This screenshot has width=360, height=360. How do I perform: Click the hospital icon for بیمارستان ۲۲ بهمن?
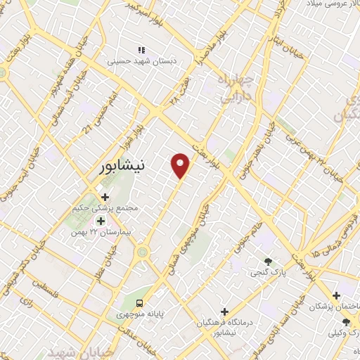point(100,221)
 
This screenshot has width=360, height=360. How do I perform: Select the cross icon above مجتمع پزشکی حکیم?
point(105,198)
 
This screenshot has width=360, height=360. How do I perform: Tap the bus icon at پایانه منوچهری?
point(139,302)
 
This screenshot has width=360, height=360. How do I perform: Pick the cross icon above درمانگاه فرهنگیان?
point(225,311)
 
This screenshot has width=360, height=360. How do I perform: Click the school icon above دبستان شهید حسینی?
point(141,50)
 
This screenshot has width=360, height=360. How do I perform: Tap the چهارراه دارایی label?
point(235,88)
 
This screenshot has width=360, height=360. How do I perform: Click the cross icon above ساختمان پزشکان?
point(337,296)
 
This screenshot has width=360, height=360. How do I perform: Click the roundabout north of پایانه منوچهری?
point(143,251)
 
